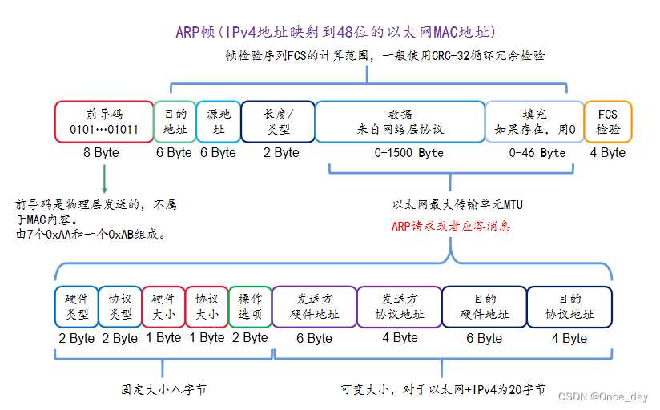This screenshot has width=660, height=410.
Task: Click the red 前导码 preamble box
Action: pos(103,122)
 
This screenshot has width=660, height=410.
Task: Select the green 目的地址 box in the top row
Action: pos(175,122)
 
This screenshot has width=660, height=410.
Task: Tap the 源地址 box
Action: pos(218,122)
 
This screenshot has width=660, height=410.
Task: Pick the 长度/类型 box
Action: pos(278,122)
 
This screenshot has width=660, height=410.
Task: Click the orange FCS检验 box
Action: pos(608,122)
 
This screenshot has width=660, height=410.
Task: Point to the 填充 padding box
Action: pos(535,122)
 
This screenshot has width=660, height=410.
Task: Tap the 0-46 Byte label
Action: pos(537,153)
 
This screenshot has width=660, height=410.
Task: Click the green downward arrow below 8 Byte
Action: pos(104,177)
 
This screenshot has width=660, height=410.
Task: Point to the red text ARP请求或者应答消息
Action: pos(451,227)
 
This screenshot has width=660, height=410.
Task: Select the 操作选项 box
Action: pos(250,307)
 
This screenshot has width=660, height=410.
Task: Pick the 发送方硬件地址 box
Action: pos(315,307)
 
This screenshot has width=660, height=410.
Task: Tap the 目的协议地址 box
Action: pos(569,307)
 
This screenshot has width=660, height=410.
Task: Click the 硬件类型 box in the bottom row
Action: pos(77,307)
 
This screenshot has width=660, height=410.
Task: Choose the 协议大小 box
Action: pos(207,307)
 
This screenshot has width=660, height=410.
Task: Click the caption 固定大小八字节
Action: pos(163,390)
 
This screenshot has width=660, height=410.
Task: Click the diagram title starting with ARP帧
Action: pos(336,32)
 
